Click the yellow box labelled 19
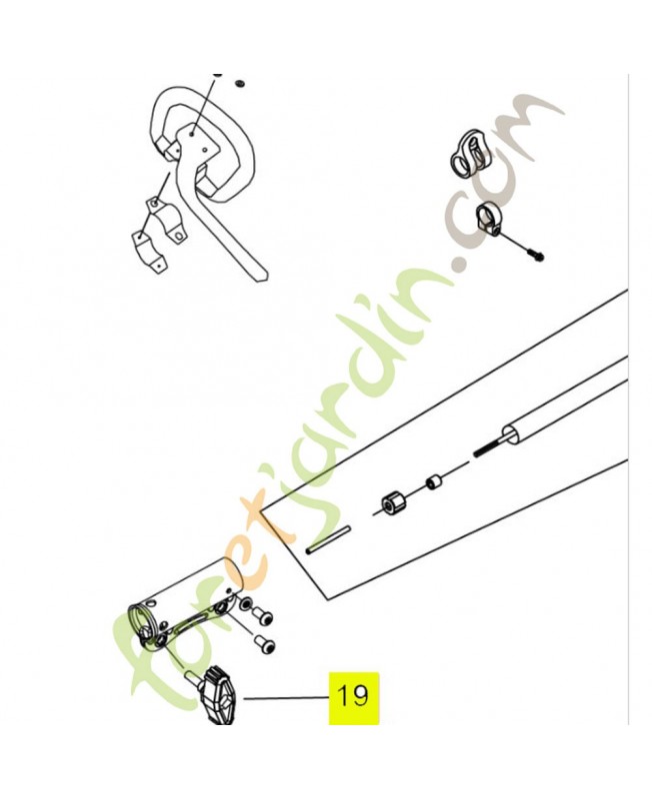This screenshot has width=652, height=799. coord(354,697)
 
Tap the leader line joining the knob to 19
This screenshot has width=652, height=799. coord(286,697)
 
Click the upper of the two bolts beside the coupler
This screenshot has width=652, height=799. coord(263,617)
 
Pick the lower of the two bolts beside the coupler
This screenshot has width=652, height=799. coord(265,644)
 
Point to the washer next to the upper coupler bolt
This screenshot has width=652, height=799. coord(245,604)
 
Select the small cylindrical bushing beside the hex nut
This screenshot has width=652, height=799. coord(434,481)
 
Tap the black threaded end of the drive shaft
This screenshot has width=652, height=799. coord(488,447)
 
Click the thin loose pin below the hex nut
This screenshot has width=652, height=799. coord(328,539)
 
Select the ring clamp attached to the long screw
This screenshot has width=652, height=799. coord(488,218)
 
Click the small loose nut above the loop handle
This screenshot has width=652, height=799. coord(239,83)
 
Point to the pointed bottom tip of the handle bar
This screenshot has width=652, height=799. coord(266,279)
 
